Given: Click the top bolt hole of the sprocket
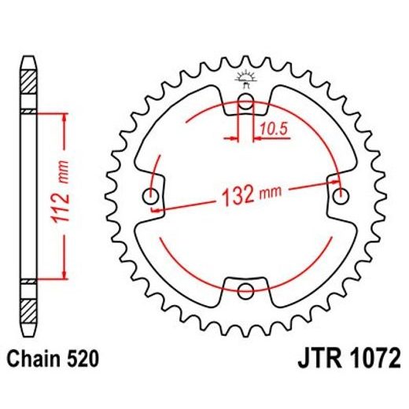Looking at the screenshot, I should [245, 101].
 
